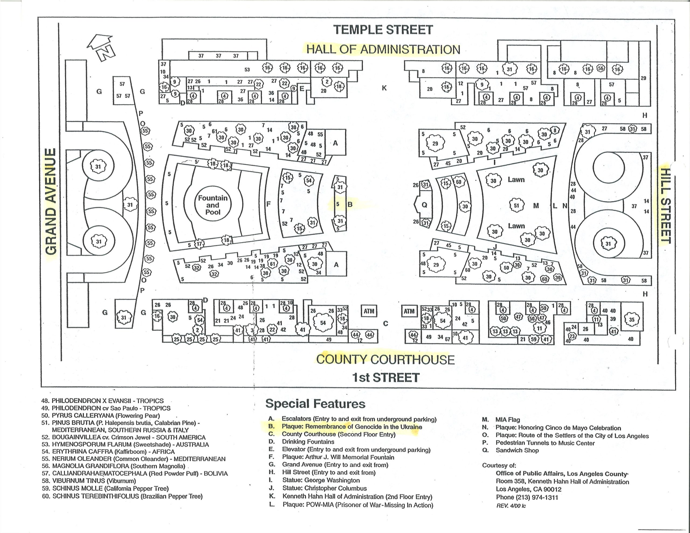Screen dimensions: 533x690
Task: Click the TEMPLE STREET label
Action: [x=383, y=30]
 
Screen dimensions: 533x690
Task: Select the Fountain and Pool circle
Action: [x=213, y=205]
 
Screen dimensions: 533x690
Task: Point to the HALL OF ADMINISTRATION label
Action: [x=383, y=50]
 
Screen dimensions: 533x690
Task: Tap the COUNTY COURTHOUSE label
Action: [x=385, y=359]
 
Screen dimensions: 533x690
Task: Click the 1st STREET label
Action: [x=385, y=378]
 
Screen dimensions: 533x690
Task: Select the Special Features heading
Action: [x=315, y=404]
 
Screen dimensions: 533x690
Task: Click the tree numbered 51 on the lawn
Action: [x=516, y=205]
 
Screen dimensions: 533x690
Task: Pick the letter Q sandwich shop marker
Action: [x=424, y=205]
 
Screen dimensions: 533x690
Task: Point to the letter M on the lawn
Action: [x=536, y=206]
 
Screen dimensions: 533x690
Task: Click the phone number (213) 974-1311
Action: [x=527, y=497]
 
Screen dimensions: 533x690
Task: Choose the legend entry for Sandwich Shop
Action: [x=517, y=450]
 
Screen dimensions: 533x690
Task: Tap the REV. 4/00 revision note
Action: [x=511, y=506]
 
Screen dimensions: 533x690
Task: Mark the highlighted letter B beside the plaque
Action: [x=350, y=205]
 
